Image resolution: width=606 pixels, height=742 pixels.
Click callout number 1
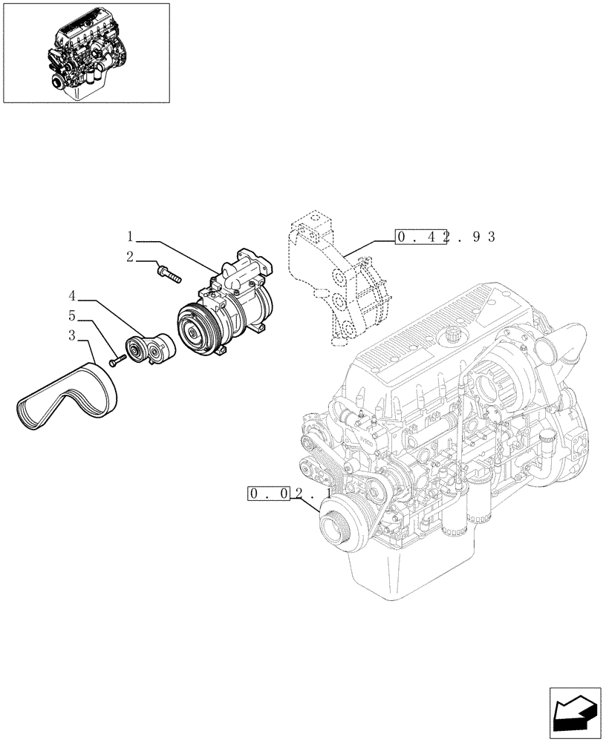point(129,237)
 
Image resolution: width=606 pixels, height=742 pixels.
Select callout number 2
point(129,257)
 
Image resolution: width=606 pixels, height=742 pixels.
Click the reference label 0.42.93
point(445,237)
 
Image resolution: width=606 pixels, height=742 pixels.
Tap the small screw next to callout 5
point(116,362)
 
